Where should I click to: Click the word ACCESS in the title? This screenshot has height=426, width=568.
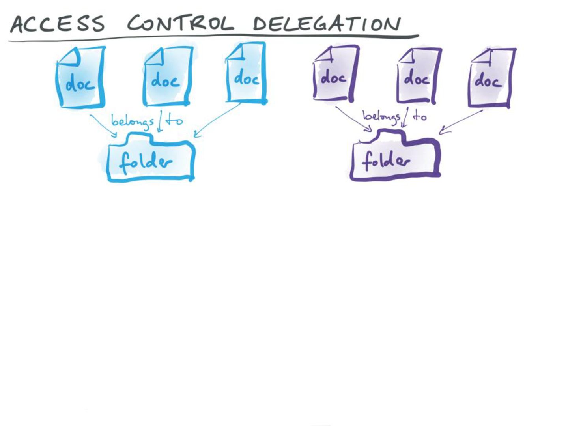(57, 24)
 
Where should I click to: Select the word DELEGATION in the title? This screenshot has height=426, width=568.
(327, 24)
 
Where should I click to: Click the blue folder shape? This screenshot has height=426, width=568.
(150, 160)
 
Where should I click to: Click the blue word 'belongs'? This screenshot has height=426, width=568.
(132, 121)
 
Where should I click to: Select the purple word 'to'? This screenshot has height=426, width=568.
(420, 116)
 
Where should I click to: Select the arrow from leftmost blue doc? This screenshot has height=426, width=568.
(103, 126)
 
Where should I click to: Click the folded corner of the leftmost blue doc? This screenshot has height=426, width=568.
(71, 57)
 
